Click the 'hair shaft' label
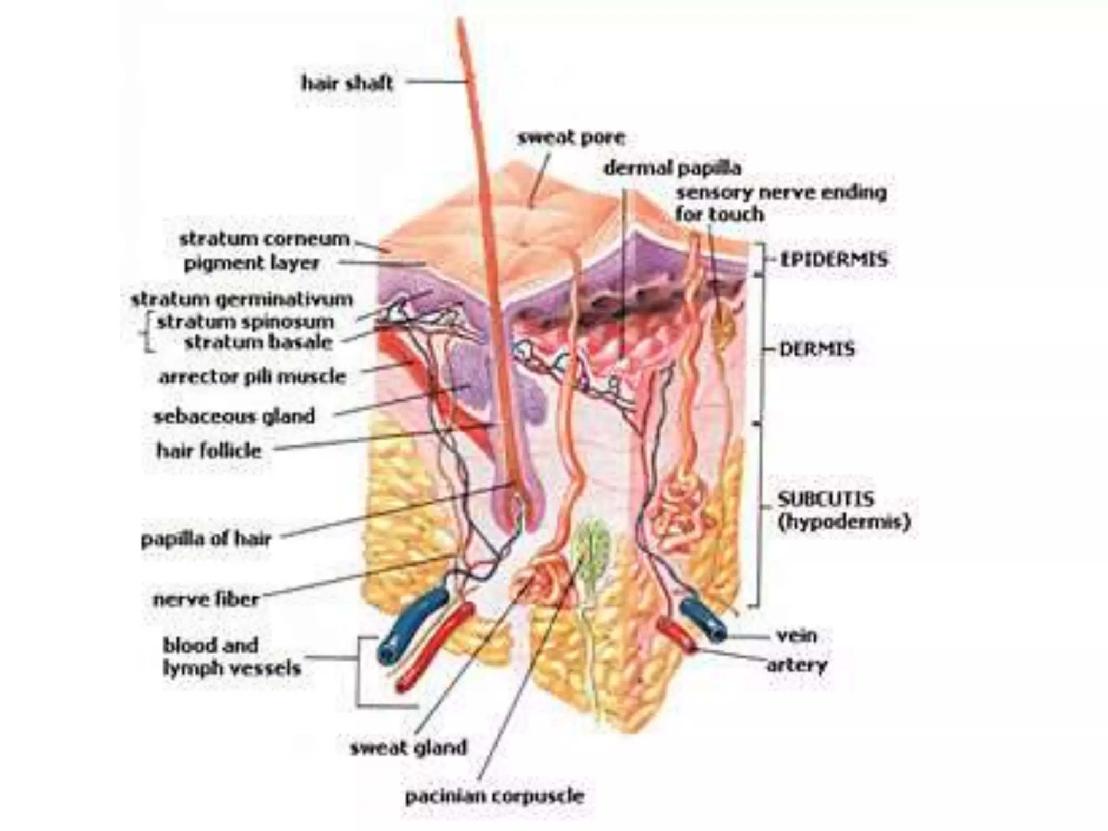(347, 83)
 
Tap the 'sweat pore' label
(571, 137)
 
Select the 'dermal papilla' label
(672, 168)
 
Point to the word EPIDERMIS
(833, 260)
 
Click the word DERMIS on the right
(817, 349)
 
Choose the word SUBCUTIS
(826, 498)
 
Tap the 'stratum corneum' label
(264, 239)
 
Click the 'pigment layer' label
(252, 263)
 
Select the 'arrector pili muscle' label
(252, 377)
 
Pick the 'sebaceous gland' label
(234, 416)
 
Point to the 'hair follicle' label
(209, 450)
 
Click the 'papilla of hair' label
(206, 539)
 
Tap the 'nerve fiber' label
(206, 599)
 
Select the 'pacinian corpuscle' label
(494, 796)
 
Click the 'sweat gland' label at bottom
(408, 748)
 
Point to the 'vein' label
(796, 635)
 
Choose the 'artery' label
(797, 665)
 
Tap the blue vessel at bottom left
(412, 626)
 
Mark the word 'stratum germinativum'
(242, 299)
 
